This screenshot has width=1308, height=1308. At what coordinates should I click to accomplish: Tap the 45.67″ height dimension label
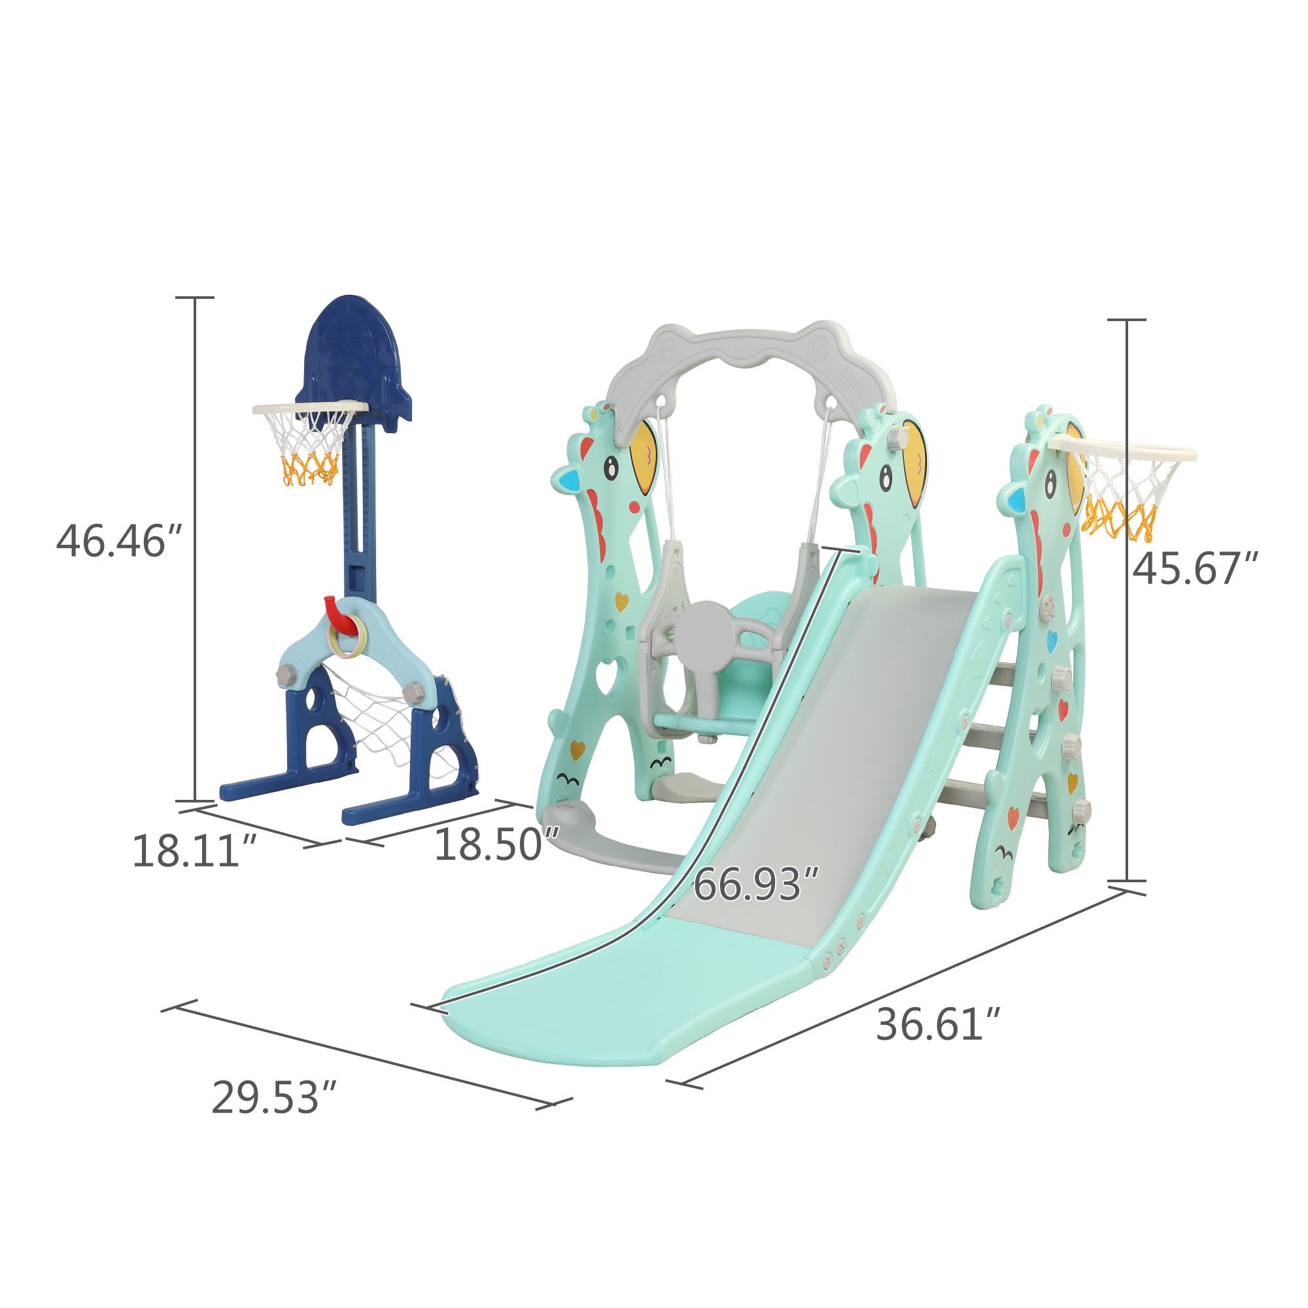pyautogui.click(x=1196, y=569)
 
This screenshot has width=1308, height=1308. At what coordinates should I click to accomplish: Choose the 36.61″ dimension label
pyautogui.click(x=938, y=1024)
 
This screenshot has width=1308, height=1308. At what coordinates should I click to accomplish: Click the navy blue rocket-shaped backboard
pyautogui.click(x=352, y=352)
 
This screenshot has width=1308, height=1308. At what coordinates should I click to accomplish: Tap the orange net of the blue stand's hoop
pyautogui.click(x=310, y=468)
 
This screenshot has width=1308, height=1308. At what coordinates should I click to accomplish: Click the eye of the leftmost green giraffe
pyautogui.click(x=612, y=468)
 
